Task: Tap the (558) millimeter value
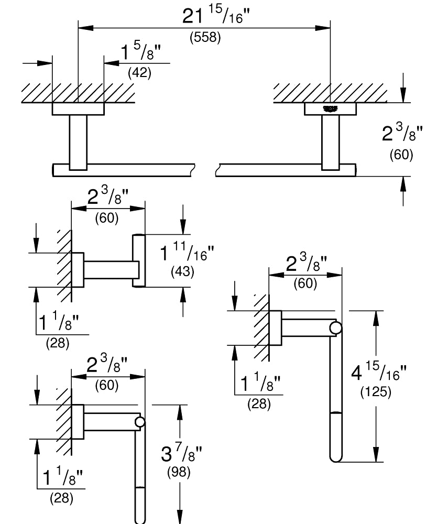(x=205, y=37)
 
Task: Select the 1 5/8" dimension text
(x=140, y=52)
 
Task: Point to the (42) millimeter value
(x=140, y=72)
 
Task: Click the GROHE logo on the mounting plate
(x=331, y=108)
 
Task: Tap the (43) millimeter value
(x=182, y=271)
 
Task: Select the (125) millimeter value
(x=376, y=391)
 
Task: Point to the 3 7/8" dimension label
(x=181, y=453)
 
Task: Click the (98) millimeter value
(x=179, y=472)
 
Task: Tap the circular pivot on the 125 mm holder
(x=335, y=328)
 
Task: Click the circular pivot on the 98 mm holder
(x=140, y=422)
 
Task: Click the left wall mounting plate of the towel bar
(x=78, y=108)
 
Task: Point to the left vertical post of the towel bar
(x=78, y=143)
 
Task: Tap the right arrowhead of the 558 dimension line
(x=323, y=28)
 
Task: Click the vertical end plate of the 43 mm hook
(x=139, y=260)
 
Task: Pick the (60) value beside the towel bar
(x=401, y=155)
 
